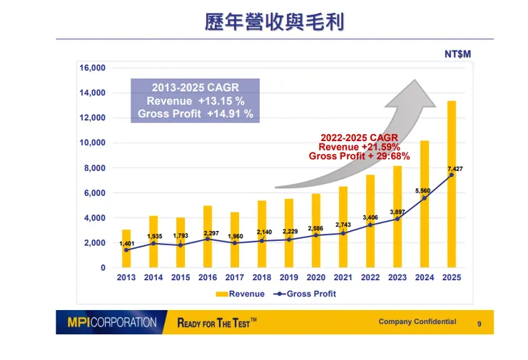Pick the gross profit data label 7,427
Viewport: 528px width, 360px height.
tap(455, 169)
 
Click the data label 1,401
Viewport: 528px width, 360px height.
tap(126, 244)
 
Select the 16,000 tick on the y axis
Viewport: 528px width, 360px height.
tap(93, 68)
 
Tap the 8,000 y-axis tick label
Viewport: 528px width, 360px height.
tap(95, 168)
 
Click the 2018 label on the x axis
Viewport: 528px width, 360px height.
tap(262, 278)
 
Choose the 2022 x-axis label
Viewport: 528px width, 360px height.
tap(370, 278)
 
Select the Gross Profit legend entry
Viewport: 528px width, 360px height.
tap(305, 294)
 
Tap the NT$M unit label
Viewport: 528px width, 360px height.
tap(458, 54)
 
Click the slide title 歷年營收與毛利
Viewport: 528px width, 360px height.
tap(275, 22)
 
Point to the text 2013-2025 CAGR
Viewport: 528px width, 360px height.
tap(195, 88)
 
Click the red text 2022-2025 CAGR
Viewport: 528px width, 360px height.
tap(359, 138)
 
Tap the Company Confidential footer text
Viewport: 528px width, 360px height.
tap(417, 322)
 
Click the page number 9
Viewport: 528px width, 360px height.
tap(479, 324)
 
